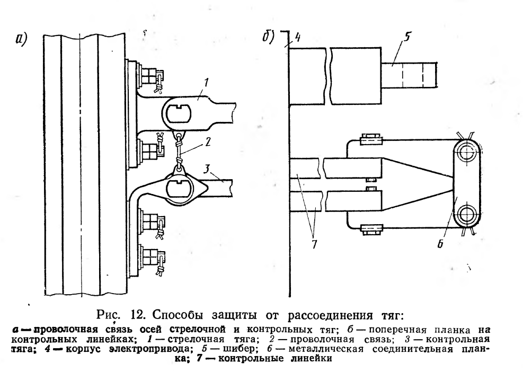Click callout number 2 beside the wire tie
(207, 142)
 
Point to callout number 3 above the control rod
(207, 169)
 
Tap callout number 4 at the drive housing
(297, 37)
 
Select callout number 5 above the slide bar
(406, 36)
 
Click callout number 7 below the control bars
(314, 244)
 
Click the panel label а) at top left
(21, 39)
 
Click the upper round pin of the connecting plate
(466, 153)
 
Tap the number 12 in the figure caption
(137, 315)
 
